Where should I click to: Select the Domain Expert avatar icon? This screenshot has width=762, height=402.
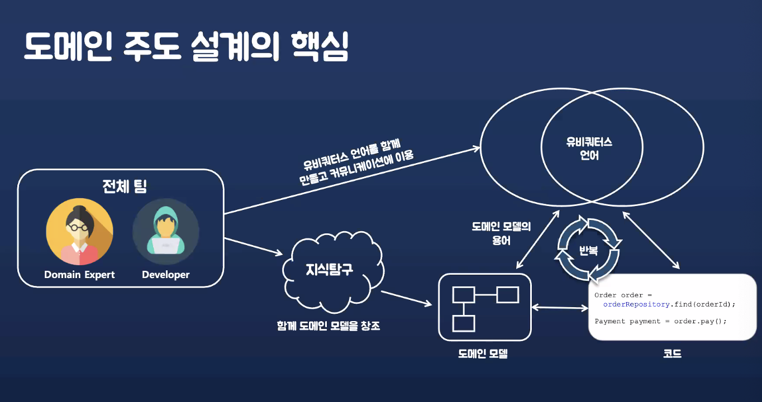pyautogui.click(x=79, y=232)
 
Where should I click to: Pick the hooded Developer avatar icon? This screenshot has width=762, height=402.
pyautogui.click(x=165, y=232)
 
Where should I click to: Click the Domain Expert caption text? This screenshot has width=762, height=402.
pyautogui.click(x=79, y=275)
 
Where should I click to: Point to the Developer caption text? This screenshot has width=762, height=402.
pyautogui.click(x=165, y=275)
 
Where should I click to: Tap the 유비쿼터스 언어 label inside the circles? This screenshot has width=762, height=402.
pyautogui.click(x=589, y=149)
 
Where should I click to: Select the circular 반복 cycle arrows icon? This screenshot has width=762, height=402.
pyautogui.click(x=589, y=249)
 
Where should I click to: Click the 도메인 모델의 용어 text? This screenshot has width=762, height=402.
pyautogui.click(x=501, y=233)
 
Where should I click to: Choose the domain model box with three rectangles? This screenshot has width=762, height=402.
pyautogui.click(x=484, y=307)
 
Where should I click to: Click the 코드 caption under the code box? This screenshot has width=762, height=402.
pyautogui.click(x=672, y=353)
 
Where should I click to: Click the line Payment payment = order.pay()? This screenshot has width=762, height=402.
pyautogui.click(x=660, y=321)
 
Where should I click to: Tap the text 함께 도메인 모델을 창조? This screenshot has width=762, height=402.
pyautogui.click(x=328, y=326)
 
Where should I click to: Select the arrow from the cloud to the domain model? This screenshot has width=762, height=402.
pyautogui.click(x=407, y=298)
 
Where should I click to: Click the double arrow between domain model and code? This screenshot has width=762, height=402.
pyautogui.click(x=560, y=307)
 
